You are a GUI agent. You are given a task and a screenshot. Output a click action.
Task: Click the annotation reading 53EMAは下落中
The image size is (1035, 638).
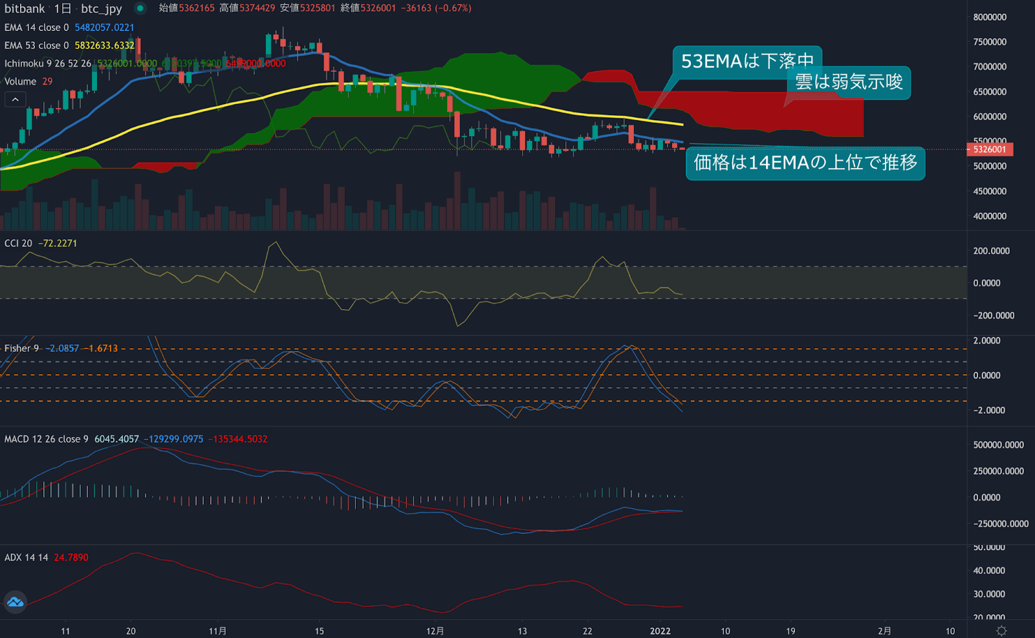(747, 61)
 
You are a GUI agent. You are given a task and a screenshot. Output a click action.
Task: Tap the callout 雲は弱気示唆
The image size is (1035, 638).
(848, 82)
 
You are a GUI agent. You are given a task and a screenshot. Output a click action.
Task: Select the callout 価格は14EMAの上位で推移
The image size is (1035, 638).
(805, 163)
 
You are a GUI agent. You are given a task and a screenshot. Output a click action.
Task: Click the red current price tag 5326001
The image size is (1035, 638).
(990, 149)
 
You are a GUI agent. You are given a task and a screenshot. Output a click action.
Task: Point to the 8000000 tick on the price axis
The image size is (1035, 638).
(990, 17)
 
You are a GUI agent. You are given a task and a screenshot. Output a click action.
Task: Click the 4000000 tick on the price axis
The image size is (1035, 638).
(990, 217)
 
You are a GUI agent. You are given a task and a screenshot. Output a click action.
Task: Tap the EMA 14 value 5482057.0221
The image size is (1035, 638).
(104, 28)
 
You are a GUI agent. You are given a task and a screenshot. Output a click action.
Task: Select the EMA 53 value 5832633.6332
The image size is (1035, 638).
(104, 46)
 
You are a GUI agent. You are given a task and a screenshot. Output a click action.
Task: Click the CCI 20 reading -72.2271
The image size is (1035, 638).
(58, 244)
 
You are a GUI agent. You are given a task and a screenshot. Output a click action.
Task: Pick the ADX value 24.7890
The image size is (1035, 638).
(71, 558)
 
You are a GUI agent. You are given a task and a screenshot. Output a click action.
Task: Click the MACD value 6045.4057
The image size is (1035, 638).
(116, 440)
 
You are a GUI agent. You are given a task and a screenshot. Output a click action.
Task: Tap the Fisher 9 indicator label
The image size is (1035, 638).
(21, 348)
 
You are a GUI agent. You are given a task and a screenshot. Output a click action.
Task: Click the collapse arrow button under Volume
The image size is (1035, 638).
(16, 100)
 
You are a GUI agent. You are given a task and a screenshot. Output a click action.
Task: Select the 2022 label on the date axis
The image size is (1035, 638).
(660, 631)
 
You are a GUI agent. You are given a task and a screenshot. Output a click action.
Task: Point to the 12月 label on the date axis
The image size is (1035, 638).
(435, 631)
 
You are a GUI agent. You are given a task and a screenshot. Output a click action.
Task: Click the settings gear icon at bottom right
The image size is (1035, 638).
(1001, 631)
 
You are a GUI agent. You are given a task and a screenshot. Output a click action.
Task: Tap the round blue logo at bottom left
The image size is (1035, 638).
(15, 602)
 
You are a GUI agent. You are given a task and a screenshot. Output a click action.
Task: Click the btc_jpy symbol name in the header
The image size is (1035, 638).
(102, 8)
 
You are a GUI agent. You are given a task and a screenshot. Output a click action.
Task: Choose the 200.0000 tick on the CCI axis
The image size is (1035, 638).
(991, 251)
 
